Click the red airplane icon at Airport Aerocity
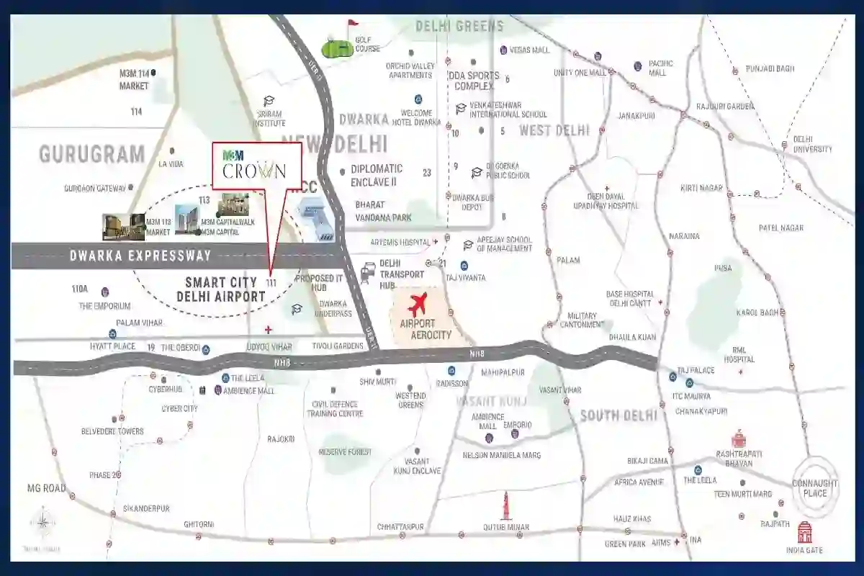(418, 302)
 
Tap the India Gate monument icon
(804, 534)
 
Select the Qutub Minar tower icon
(505, 505)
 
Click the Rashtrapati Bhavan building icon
(738, 438)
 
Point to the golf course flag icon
(351, 28)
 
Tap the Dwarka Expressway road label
(140, 256)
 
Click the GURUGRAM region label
(92, 154)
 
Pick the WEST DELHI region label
(554, 130)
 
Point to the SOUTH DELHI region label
(618, 415)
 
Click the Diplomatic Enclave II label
(377, 175)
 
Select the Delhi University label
(812, 144)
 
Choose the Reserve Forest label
(346, 451)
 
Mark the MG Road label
(46, 488)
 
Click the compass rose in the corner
(42, 522)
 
